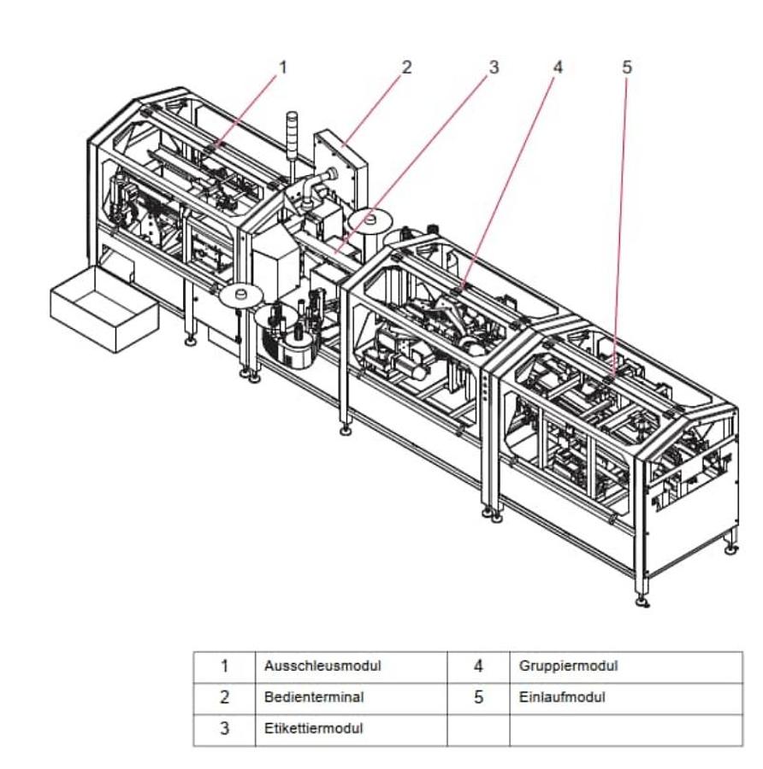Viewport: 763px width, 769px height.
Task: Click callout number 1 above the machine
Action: click(x=283, y=66)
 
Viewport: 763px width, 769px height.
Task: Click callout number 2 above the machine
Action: click(x=406, y=66)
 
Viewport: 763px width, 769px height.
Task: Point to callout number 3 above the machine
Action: click(x=494, y=67)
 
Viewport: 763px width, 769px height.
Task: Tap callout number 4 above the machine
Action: click(x=558, y=67)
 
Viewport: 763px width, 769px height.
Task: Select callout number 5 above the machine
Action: click(x=626, y=67)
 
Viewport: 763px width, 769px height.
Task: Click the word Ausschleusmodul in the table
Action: click(x=322, y=666)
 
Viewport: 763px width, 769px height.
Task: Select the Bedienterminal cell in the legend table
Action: click(x=314, y=697)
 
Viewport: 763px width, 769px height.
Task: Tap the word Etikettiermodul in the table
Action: click(x=314, y=729)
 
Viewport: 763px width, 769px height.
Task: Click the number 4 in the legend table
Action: click(x=478, y=666)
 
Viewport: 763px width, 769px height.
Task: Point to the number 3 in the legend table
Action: click(x=224, y=729)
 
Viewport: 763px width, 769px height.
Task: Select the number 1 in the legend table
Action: click(x=224, y=666)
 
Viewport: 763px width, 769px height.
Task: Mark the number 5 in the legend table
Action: click(x=478, y=697)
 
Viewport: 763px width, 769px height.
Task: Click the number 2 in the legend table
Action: click(x=224, y=697)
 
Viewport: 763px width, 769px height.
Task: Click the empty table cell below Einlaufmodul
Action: click(x=625, y=729)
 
